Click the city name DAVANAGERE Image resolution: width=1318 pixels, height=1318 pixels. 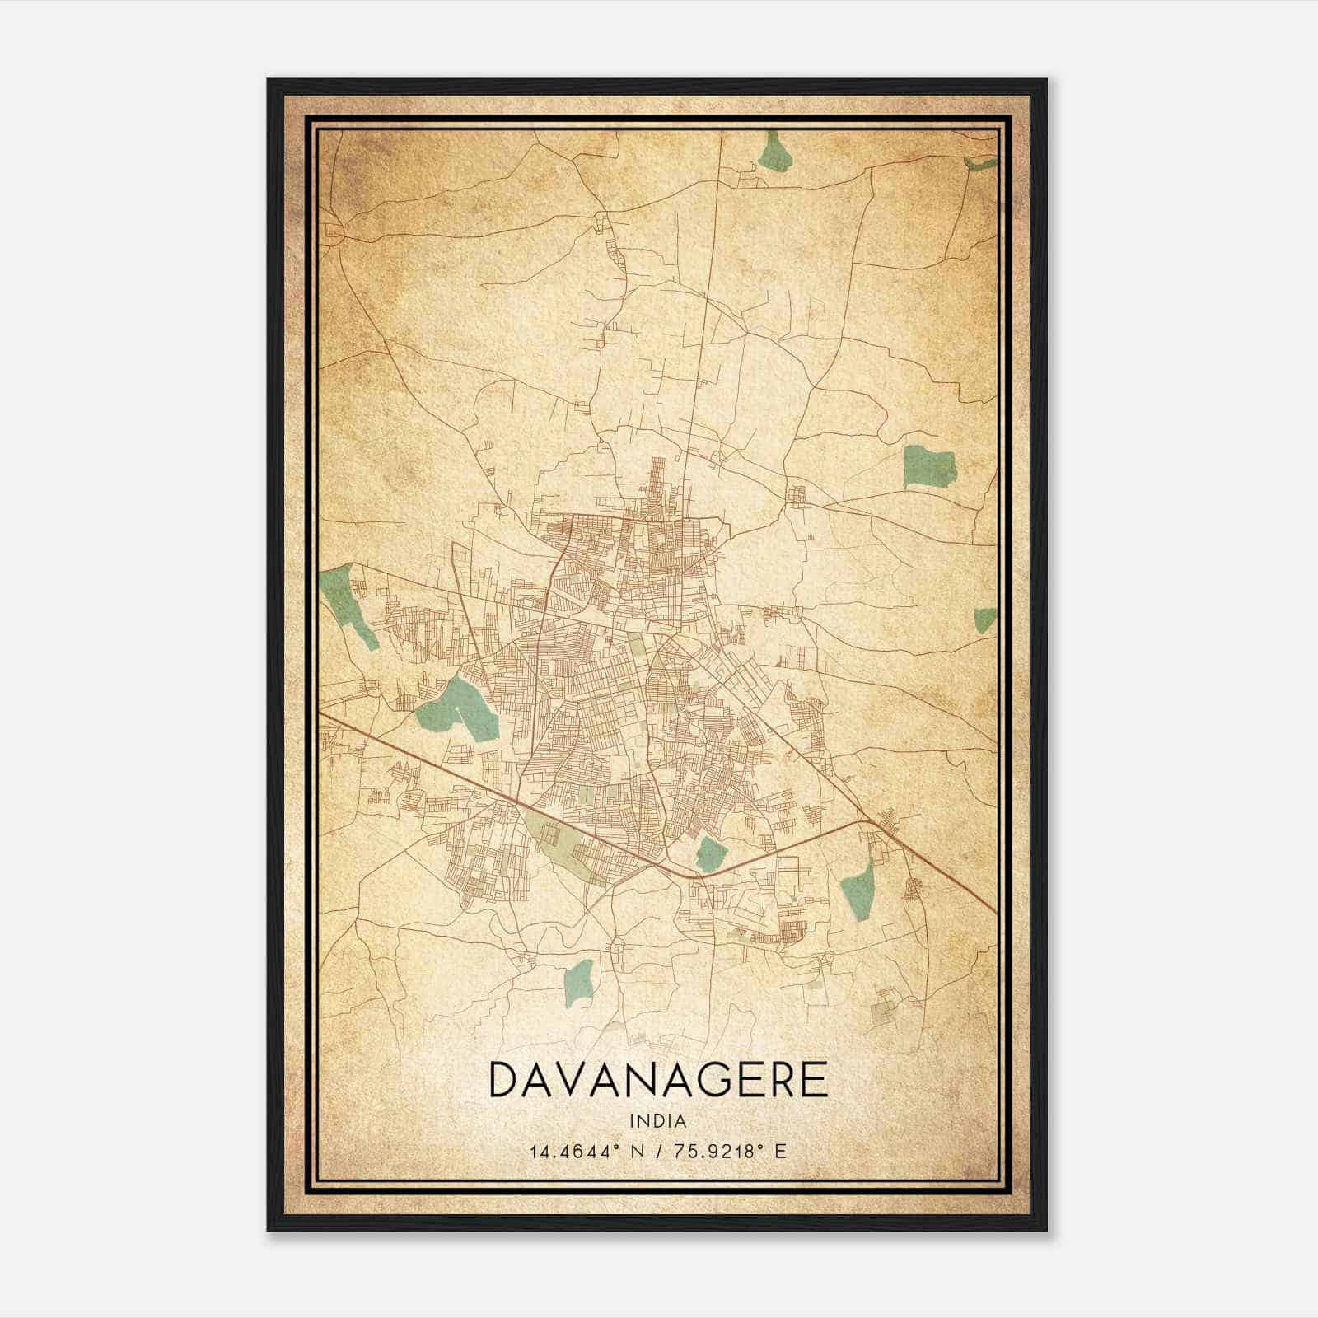658,1080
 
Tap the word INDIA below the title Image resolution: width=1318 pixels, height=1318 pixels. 658,1121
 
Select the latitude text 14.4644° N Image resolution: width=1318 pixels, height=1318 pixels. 577,1151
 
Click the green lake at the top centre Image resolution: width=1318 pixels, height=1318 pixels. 775,152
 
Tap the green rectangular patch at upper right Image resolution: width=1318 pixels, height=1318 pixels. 929,467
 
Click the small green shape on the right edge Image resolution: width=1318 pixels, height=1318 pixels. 985,619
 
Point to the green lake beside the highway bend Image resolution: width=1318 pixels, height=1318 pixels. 709,853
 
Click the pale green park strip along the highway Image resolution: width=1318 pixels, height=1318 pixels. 568,844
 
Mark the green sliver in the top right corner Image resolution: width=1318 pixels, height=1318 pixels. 980,164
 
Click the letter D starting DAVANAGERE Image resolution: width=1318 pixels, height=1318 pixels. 505,1080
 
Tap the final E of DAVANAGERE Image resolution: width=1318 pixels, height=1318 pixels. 814,1080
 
